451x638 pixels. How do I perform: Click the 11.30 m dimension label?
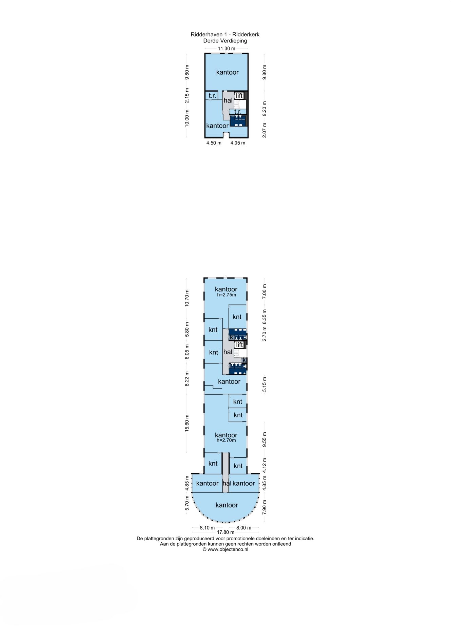click(x=227, y=49)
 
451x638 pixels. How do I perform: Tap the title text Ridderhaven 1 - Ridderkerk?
click(x=225, y=34)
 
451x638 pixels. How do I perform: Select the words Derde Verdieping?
click(x=225, y=41)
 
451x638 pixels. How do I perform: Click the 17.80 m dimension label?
click(x=226, y=532)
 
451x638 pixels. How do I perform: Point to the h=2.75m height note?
click(x=227, y=295)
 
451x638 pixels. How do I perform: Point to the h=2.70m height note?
click(x=226, y=440)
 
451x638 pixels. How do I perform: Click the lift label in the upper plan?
click(x=239, y=96)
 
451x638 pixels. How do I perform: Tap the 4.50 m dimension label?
click(x=214, y=143)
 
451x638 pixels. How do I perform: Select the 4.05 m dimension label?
click(x=238, y=143)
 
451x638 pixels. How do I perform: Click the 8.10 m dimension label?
click(x=207, y=528)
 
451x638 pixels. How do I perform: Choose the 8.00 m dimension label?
click(x=244, y=528)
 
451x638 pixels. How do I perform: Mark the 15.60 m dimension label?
click(x=187, y=423)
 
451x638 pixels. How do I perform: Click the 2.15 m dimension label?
click(x=187, y=96)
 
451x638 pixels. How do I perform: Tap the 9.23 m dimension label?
click(x=265, y=109)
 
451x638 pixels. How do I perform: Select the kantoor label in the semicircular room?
click(x=227, y=505)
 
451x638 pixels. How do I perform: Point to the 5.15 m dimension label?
click(x=265, y=384)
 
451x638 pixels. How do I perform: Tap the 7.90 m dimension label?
click(x=265, y=507)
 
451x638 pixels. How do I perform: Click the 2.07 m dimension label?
click(x=265, y=130)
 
